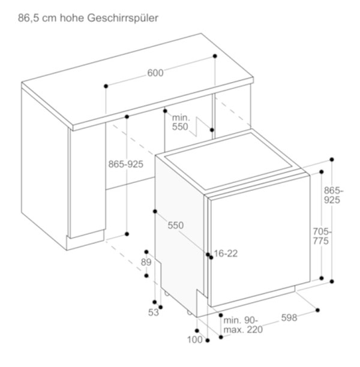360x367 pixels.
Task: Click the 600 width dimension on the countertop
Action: [x=155, y=73]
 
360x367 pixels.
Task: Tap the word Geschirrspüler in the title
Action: [x=123, y=18]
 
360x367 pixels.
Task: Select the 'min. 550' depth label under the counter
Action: [x=181, y=122]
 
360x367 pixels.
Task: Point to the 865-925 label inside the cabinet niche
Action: [x=126, y=164]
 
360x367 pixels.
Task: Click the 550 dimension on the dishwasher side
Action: [x=176, y=225]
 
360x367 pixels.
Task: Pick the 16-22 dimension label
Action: [x=226, y=253]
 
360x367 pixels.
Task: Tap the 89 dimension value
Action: [x=146, y=262]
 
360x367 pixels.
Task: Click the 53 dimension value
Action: [x=154, y=312]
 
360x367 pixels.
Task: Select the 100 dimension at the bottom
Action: [x=194, y=339]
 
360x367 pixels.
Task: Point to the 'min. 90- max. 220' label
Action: [x=243, y=325]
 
